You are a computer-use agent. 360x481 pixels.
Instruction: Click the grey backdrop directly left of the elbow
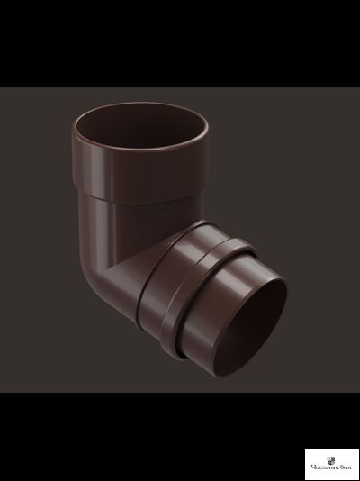[x=36, y=252]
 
